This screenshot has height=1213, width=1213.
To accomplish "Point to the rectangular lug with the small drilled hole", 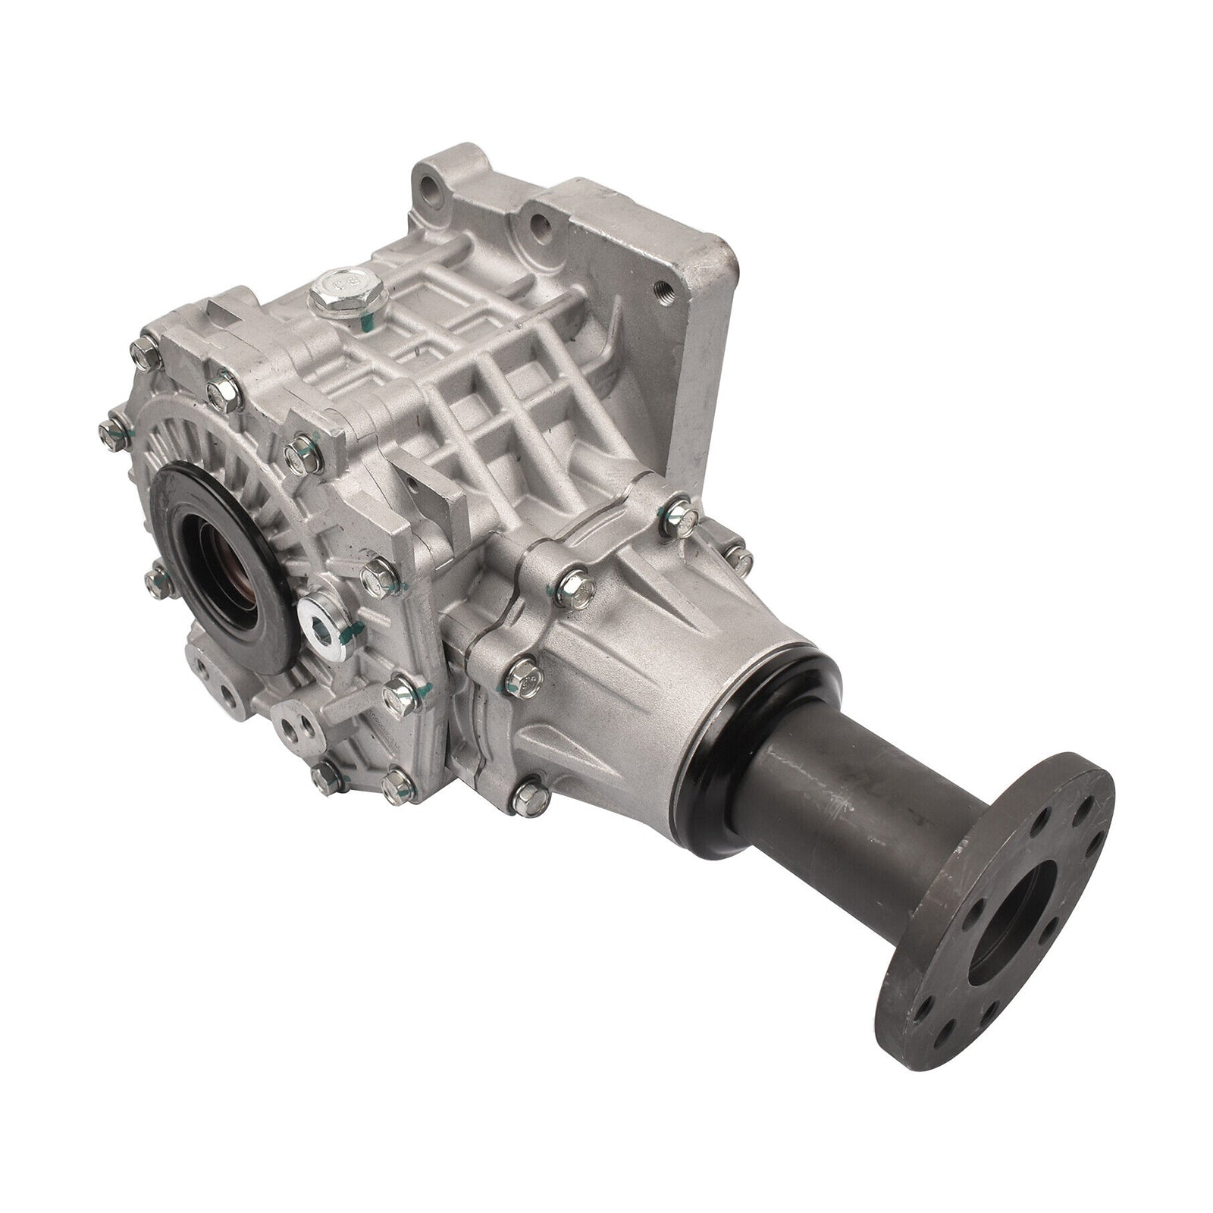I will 425,493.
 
